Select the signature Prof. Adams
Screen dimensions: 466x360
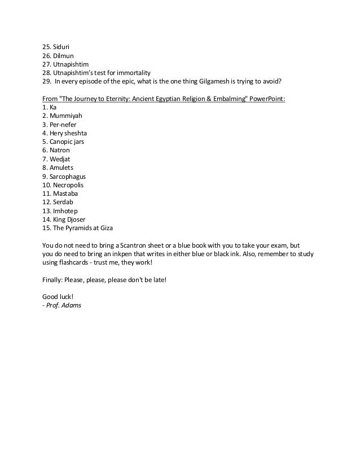(x=64, y=305)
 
